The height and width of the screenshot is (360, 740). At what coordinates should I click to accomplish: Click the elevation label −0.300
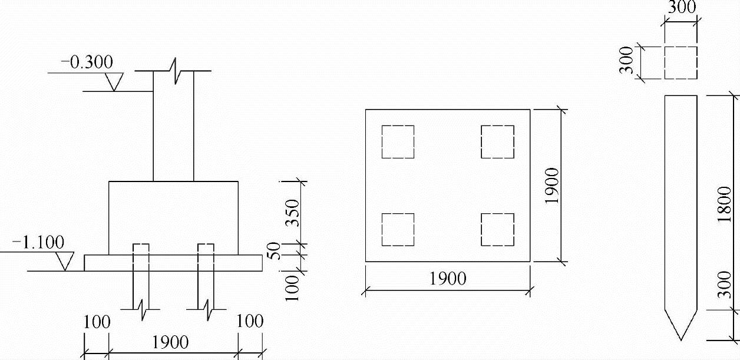point(87,62)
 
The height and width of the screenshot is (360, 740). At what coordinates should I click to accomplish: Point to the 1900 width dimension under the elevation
point(171,342)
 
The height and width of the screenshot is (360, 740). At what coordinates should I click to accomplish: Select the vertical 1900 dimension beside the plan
point(551,186)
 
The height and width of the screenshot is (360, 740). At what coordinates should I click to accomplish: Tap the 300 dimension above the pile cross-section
point(682,8)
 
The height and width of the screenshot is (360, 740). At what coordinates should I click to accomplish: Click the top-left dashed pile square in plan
point(398,141)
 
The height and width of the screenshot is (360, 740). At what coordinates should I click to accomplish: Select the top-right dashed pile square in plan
point(497,141)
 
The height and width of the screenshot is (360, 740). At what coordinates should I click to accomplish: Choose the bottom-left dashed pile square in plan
point(398,230)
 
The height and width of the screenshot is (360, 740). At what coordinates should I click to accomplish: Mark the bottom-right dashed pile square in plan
point(497,230)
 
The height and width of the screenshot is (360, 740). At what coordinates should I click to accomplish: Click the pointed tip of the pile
point(681,338)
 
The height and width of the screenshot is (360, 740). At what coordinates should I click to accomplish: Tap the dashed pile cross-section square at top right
point(681,62)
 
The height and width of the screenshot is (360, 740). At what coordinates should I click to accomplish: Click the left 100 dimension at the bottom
point(97,323)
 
